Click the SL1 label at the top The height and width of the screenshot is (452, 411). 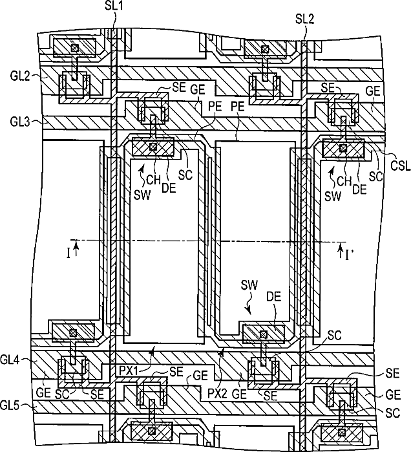(114, 5)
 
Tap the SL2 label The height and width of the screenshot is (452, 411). (305, 19)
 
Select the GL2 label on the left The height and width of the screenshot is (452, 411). (20, 76)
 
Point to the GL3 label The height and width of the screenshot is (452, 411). (20, 122)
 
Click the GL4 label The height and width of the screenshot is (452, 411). (10, 360)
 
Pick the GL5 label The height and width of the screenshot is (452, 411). (10, 406)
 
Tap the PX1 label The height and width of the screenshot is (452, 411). (128, 371)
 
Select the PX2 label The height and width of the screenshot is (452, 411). (217, 394)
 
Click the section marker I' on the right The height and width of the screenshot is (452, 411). (350, 255)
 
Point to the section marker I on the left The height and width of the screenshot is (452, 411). (68, 253)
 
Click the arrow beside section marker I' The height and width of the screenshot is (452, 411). (341, 251)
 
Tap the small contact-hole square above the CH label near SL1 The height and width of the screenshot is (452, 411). (154, 147)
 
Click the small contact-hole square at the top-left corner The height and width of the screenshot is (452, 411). (75, 48)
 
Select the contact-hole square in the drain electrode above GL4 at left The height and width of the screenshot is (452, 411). (73, 333)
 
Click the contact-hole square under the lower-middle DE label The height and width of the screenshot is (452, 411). (263, 335)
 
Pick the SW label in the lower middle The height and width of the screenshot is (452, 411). (249, 285)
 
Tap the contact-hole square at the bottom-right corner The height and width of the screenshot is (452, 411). (342, 432)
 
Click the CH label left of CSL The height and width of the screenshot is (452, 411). (344, 182)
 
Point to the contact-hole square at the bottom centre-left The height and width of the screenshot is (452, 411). (152, 431)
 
